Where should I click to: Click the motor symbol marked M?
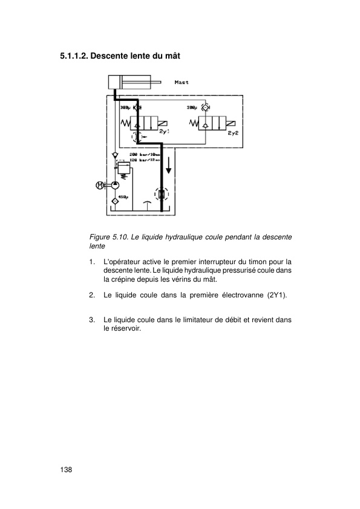[100, 185]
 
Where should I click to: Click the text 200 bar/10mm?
[145, 155]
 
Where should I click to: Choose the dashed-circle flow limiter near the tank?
[162, 195]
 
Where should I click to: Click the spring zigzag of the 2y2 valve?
[194, 124]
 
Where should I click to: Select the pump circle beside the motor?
[114, 185]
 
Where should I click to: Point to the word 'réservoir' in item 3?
[122, 329]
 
